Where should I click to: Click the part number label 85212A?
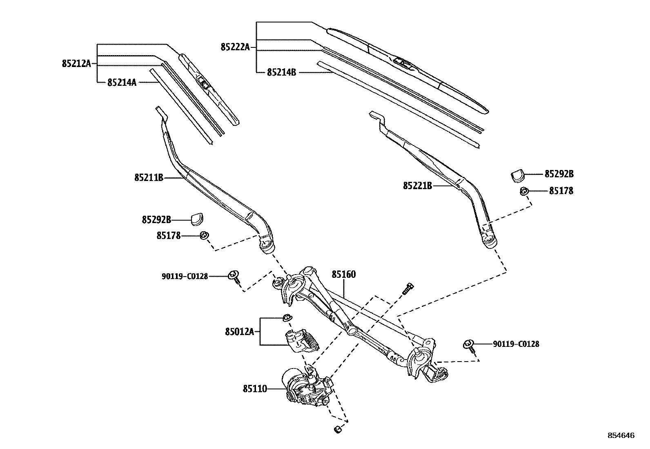click(x=76, y=64)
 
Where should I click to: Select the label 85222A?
click(x=235, y=47)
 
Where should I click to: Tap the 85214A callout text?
click(x=122, y=83)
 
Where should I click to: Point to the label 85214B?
click(x=281, y=72)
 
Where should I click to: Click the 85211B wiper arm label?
click(x=149, y=178)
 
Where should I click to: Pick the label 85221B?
click(x=417, y=186)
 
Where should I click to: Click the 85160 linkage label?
click(x=343, y=274)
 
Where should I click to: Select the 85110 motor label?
click(x=255, y=389)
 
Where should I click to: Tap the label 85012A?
click(x=239, y=332)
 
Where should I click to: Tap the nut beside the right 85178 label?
click(x=524, y=191)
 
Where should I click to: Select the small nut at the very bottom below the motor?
click(x=337, y=429)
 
